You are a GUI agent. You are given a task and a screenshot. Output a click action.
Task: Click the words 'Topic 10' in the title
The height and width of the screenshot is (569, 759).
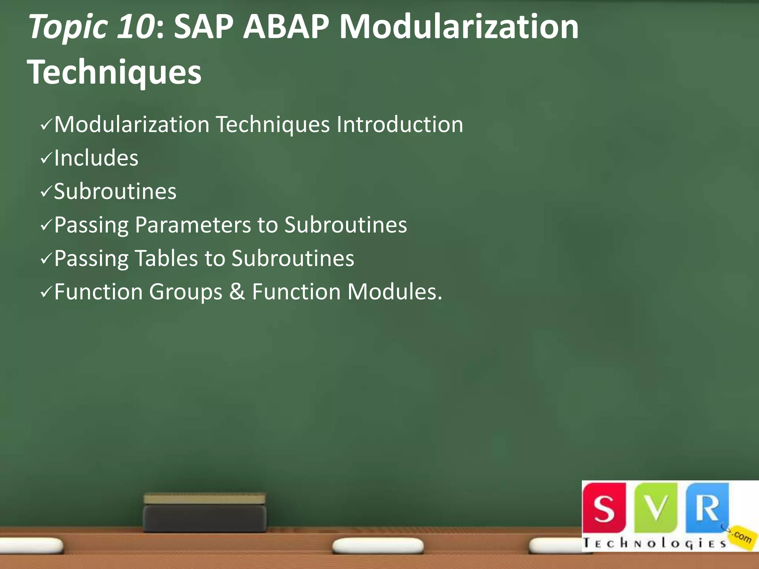coord(91,27)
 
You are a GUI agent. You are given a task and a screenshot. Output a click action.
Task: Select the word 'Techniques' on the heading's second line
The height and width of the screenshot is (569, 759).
coord(114,72)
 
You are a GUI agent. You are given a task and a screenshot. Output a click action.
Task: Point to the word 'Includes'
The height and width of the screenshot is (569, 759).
coord(96,158)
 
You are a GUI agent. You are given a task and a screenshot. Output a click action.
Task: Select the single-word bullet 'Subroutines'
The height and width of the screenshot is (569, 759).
coord(115,192)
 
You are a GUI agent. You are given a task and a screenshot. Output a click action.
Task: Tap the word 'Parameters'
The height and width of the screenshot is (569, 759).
coord(193,225)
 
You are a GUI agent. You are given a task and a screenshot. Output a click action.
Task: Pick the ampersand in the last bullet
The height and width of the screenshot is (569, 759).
coord(237,292)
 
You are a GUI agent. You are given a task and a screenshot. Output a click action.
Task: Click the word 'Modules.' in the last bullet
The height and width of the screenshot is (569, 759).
coord(395,292)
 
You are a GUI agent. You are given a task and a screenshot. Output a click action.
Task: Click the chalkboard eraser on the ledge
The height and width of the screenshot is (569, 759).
coord(205,513)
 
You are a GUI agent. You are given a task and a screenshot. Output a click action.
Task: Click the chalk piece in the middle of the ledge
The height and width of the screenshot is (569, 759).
coord(378,546)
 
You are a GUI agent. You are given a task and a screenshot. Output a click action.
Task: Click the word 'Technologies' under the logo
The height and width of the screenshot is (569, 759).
coord(654,543)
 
